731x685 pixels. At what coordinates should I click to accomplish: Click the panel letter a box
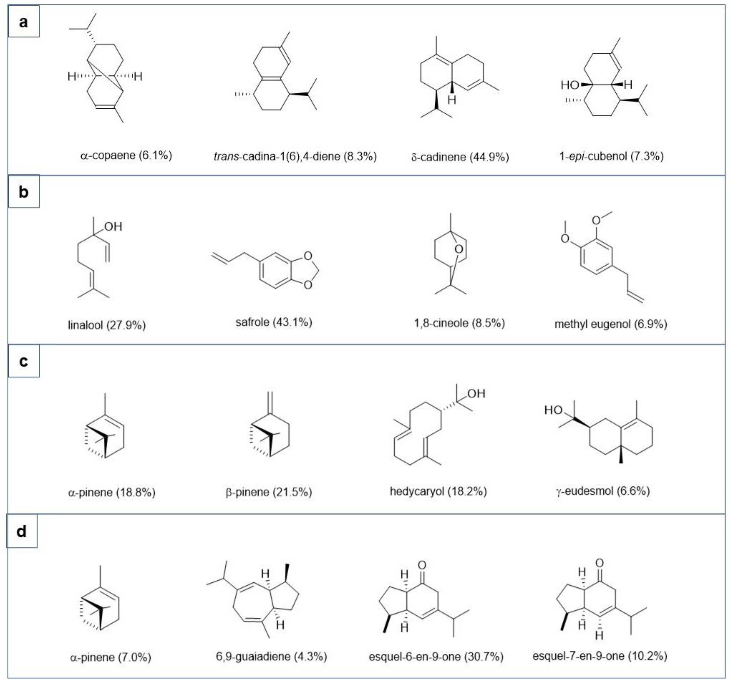pos(24,21)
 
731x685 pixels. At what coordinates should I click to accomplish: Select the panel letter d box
pos(22,531)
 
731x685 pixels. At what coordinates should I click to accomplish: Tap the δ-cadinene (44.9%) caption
pos(460,157)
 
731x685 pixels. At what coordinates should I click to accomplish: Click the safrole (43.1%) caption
pos(274,322)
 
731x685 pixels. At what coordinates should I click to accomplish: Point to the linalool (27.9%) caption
pos(107,325)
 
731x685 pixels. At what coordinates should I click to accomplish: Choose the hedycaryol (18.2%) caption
pos(438,491)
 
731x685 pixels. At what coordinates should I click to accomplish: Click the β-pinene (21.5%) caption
pos(269,492)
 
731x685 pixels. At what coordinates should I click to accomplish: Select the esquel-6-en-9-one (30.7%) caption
pos(436,656)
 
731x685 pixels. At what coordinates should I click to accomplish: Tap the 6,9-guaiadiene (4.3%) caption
pos(271,656)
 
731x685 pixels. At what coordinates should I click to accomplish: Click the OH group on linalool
pos(113,226)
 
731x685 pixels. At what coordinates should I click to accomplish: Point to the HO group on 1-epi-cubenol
pos(570,85)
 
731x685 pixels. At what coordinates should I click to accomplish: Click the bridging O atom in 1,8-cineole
pos(459,249)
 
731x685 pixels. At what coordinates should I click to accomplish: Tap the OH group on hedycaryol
pos(476,394)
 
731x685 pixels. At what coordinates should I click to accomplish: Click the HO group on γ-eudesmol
pos(553,410)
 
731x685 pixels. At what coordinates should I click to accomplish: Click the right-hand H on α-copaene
pos(138,77)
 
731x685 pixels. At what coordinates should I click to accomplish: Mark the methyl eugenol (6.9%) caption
pos(611,324)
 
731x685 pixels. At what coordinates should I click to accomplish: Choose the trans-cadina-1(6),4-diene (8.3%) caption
pos(295,157)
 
